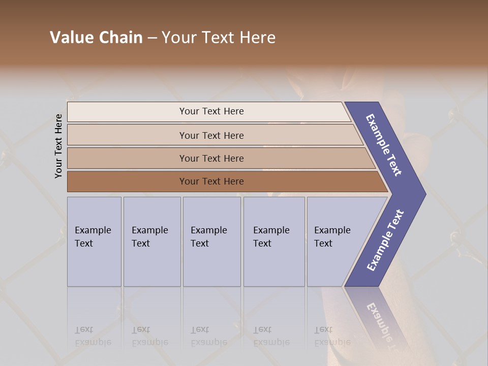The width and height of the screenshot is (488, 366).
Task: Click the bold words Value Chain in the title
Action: click(96, 38)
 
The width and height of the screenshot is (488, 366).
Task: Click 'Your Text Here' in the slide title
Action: click(219, 38)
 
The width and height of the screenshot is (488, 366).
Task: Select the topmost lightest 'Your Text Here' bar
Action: click(211, 111)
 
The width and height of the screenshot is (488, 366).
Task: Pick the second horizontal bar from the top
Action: click(211, 135)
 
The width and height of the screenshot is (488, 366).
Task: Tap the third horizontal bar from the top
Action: click(211, 158)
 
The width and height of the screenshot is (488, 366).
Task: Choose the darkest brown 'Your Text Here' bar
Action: click(211, 181)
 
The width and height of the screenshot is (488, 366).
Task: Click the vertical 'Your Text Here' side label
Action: click(58, 146)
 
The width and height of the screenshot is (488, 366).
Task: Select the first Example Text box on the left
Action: click(94, 241)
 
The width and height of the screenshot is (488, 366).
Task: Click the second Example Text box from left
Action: click(151, 241)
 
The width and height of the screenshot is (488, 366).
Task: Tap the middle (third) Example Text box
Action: click(211, 241)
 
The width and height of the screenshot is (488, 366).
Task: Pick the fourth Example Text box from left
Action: click(273, 241)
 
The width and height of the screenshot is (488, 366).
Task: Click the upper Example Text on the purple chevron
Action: click(384, 145)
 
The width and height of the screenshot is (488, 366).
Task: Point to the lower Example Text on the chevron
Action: click(385, 240)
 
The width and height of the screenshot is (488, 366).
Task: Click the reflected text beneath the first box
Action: click(93, 336)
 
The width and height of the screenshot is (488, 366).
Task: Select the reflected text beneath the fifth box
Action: click(332, 336)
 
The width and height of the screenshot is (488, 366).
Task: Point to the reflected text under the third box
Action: click(208, 336)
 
